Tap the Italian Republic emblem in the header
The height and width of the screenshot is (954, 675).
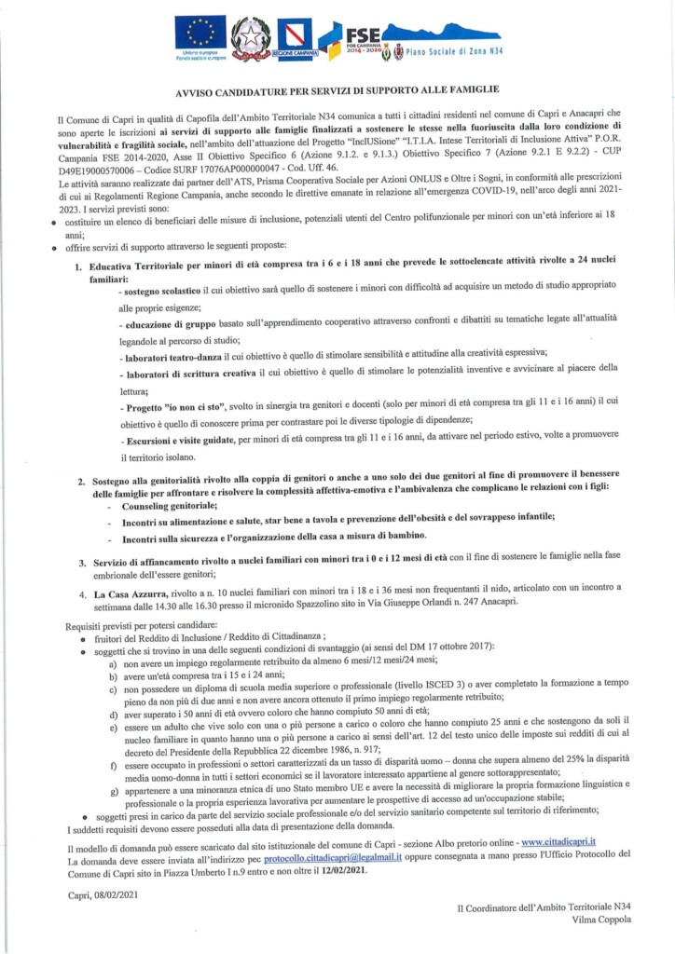point(250,38)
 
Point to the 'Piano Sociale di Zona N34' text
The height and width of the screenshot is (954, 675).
point(441,52)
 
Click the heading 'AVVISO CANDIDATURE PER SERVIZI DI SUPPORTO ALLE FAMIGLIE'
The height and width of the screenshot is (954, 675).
point(337,94)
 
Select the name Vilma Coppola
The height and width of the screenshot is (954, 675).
point(600,919)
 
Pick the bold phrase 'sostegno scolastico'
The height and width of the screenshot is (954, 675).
point(159,292)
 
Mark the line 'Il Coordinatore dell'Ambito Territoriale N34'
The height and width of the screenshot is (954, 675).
point(544,906)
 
